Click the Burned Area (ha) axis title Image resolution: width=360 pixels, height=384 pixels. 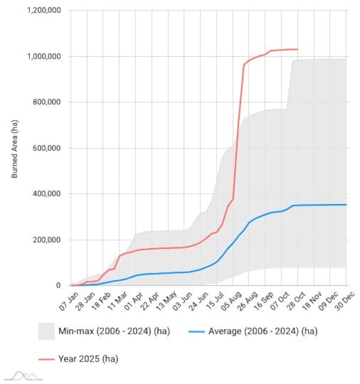(x=15, y=148)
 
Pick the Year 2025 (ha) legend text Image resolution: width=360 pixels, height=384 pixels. (x=87, y=358)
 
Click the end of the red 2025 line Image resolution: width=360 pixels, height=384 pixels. (x=297, y=50)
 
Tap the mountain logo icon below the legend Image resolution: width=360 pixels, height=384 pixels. (x=24, y=376)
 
